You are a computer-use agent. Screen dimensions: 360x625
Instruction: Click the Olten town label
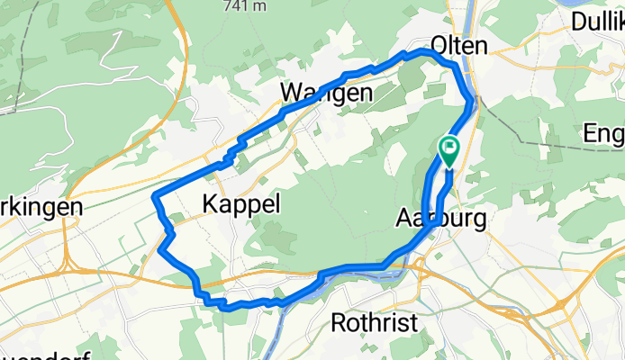(459, 45)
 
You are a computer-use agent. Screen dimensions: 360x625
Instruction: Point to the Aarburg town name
(441, 218)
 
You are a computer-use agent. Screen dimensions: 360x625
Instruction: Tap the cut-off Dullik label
(597, 23)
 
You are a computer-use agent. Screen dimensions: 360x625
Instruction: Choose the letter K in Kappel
(212, 203)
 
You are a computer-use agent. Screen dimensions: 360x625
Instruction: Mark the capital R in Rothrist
(340, 321)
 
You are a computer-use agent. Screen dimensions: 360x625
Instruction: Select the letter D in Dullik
(577, 23)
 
